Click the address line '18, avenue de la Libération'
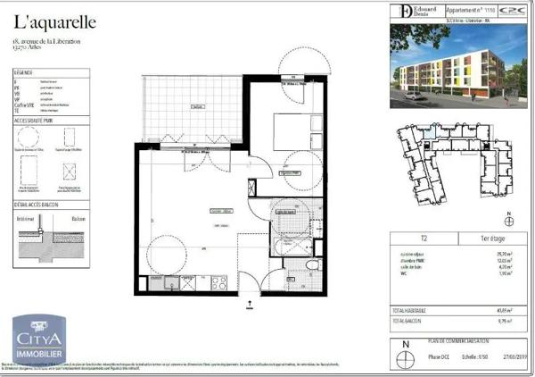(x=50, y=42)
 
